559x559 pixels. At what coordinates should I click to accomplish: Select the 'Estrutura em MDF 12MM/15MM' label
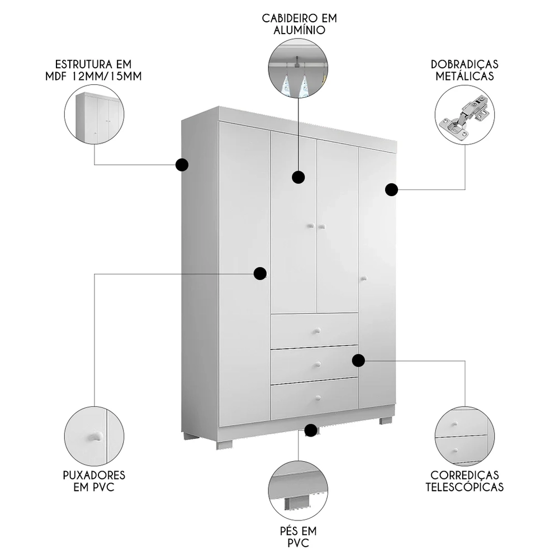pyautogui.click(x=94, y=70)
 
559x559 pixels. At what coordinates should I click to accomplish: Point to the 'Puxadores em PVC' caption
pyautogui.click(x=94, y=481)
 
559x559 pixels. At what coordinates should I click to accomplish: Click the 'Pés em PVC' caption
pyautogui.click(x=299, y=537)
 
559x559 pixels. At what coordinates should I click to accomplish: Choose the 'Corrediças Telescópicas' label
pyautogui.click(x=465, y=481)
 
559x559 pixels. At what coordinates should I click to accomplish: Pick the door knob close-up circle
pyautogui.click(x=94, y=437)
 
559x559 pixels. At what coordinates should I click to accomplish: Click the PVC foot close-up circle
pyautogui.click(x=298, y=490)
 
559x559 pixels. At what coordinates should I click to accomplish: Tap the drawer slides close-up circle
pyautogui.click(x=465, y=437)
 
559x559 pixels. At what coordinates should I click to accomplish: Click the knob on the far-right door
pyautogui.click(x=362, y=277)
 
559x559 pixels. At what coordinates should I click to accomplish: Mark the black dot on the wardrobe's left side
pyautogui.click(x=182, y=165)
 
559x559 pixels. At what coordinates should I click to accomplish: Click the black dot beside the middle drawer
pyautogui.click(x=359, y=361)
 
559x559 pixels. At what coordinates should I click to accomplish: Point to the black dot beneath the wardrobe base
pyautogui.click(x=311, y=430)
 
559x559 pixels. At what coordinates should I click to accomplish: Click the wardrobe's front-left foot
pyautogui.click(x=225, y=445)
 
